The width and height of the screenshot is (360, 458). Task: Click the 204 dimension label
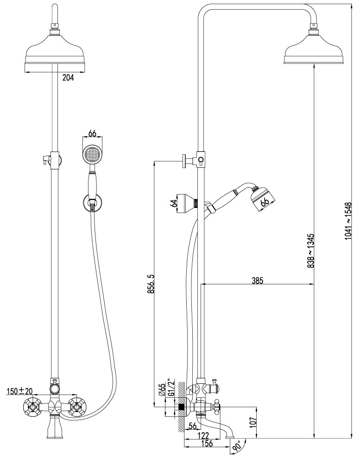coord(68,77)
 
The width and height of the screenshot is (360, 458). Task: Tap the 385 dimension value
coord(258,281)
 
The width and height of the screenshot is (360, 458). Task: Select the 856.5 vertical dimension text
coord(151,283)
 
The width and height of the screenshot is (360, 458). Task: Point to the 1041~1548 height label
coord(347,221)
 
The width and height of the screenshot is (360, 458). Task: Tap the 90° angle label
coord(236,447)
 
